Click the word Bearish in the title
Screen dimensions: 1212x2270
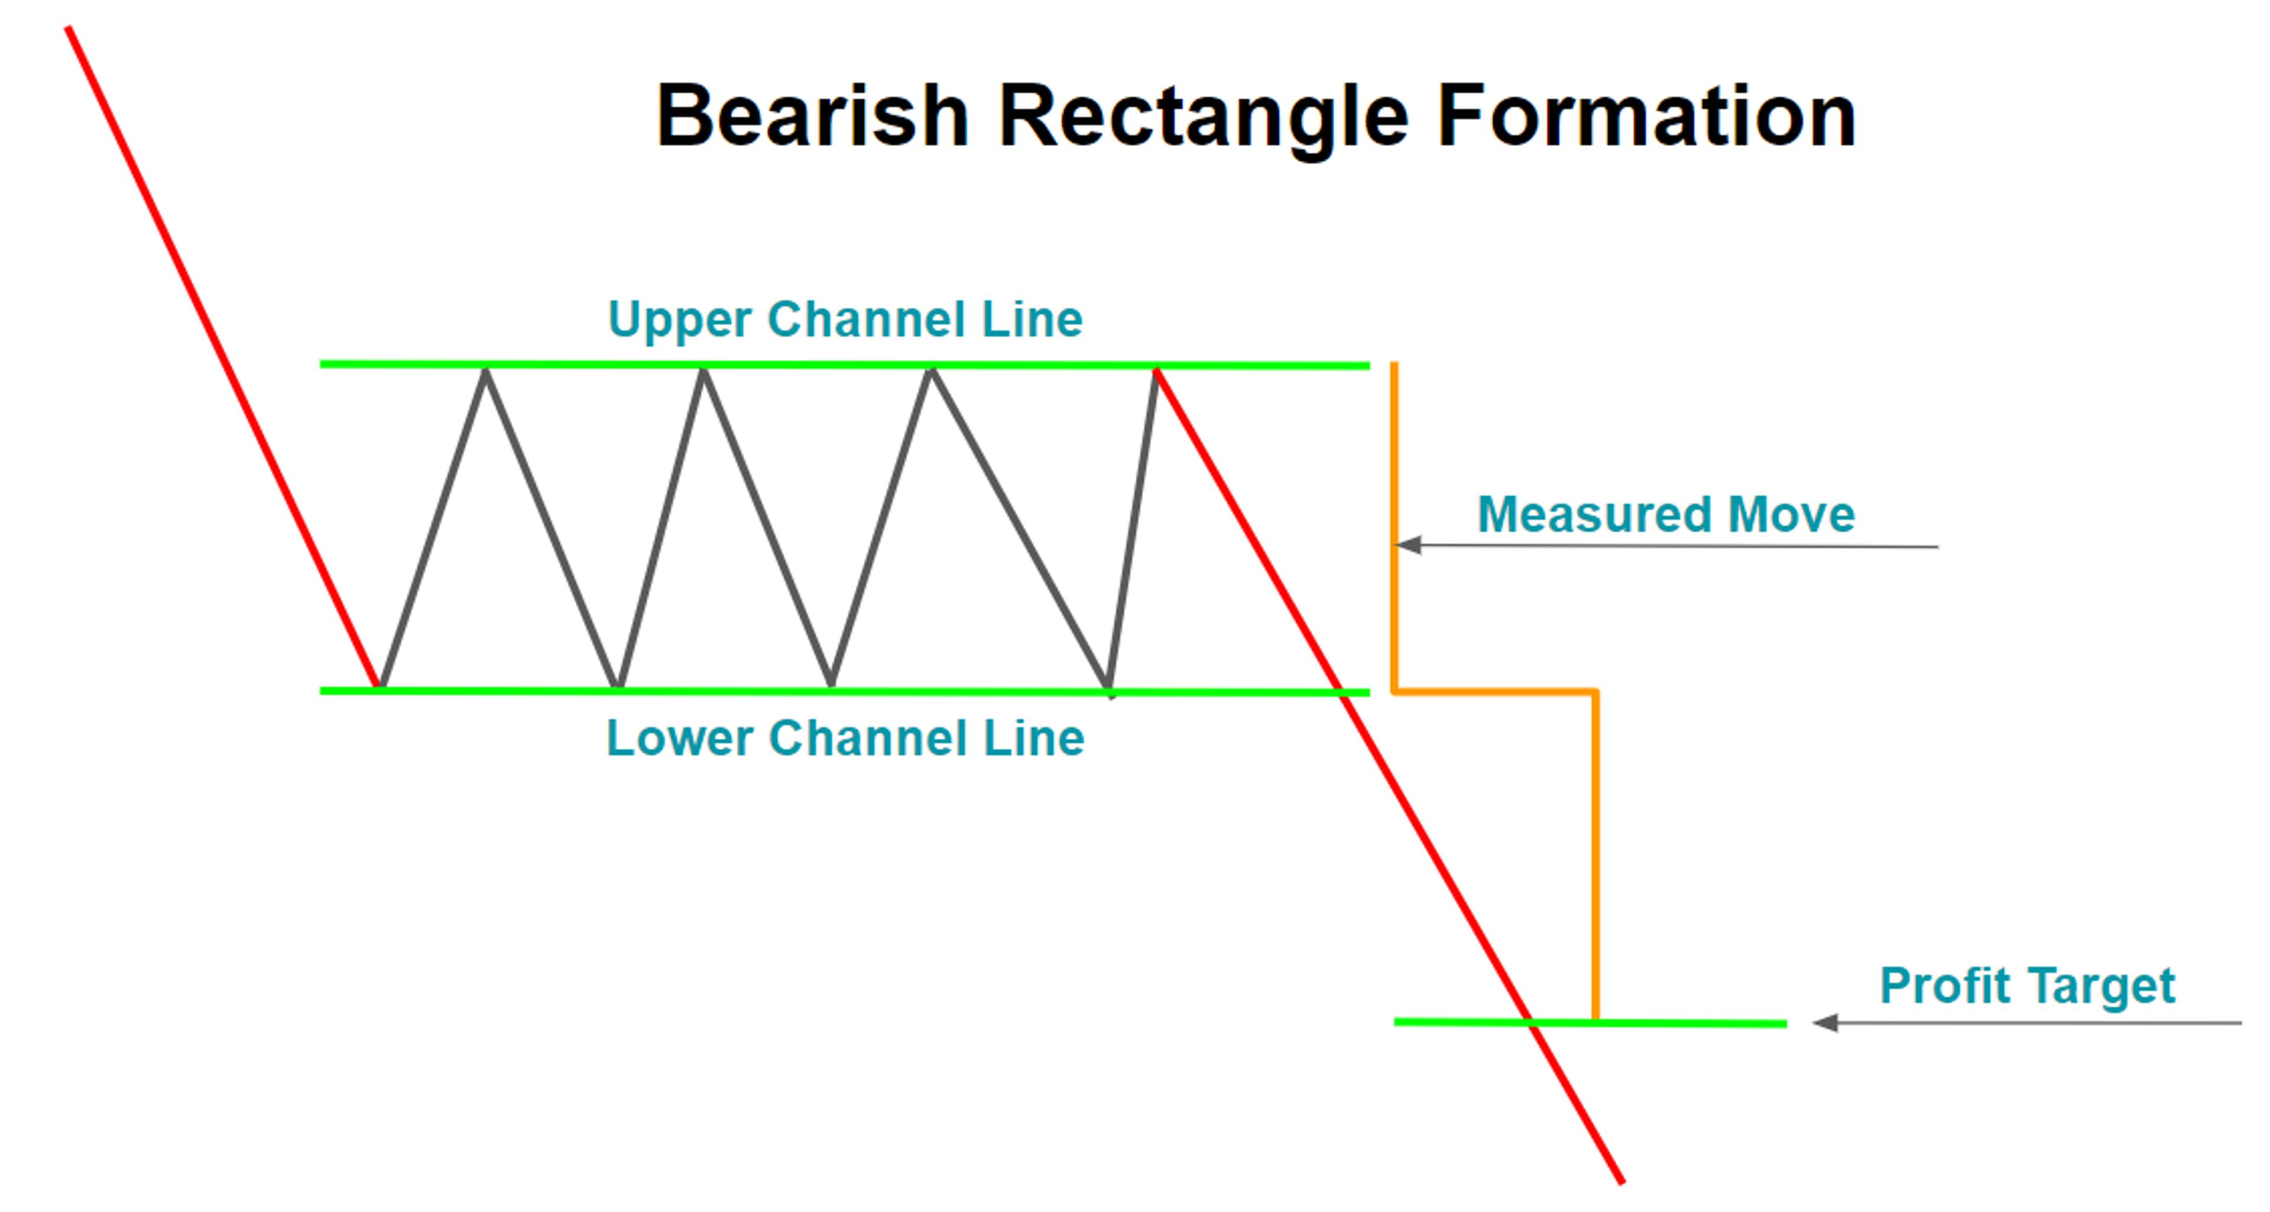(x=812, y=116)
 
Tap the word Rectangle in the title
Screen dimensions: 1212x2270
(x=1203, y=116)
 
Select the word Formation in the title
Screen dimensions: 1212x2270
(x=1646, y=116)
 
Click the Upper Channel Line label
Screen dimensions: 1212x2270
(x=845, y=319)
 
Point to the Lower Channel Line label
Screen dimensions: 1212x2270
(x=845, y=738)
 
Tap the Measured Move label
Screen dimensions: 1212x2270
(x=1665, y=514)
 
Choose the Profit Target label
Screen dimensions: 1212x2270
(x=2027, y=984)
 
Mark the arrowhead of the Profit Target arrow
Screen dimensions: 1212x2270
(x=1824, y=1023)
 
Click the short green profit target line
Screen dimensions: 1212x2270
(x=1674, y=1023)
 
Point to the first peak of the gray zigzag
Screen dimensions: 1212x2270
(x=485, y=372)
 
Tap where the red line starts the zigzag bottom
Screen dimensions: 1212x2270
(x=379, y=685)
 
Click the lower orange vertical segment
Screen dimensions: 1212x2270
(x=1595, y=854)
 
